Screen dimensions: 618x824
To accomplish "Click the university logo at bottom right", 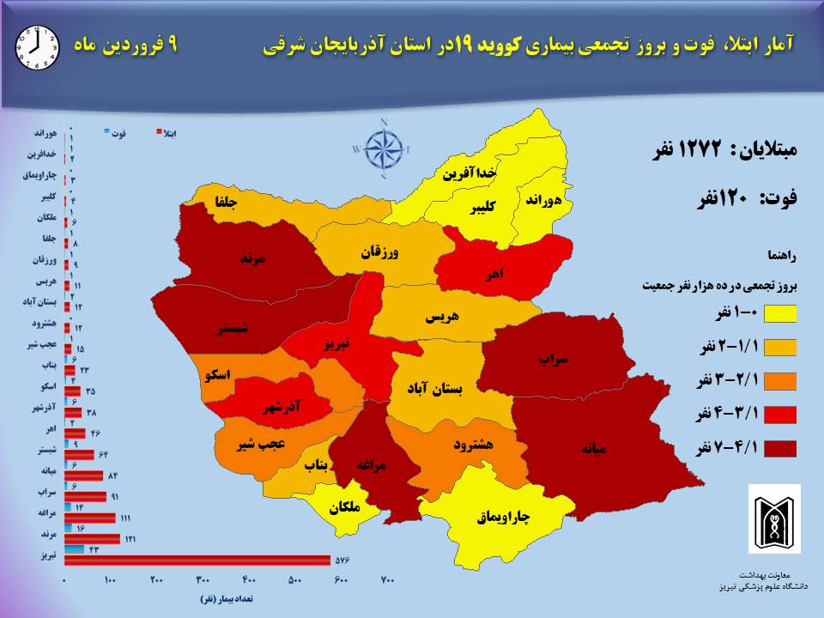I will [774, 518].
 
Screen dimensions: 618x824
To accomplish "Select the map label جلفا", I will [226, 203].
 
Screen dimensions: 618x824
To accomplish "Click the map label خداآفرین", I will [470, 173].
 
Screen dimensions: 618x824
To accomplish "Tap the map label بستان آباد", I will [435, 389].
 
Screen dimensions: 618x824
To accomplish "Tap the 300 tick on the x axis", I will [203, 581].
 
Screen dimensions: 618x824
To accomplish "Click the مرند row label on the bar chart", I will [46, 533].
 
